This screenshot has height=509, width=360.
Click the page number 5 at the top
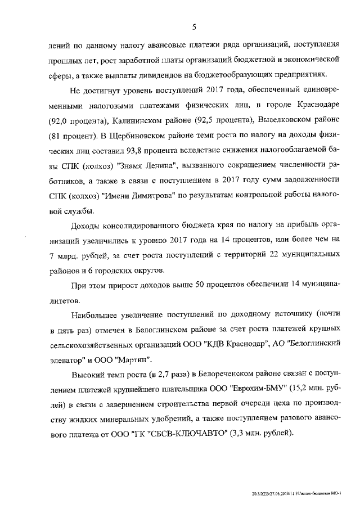click(193, 25)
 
